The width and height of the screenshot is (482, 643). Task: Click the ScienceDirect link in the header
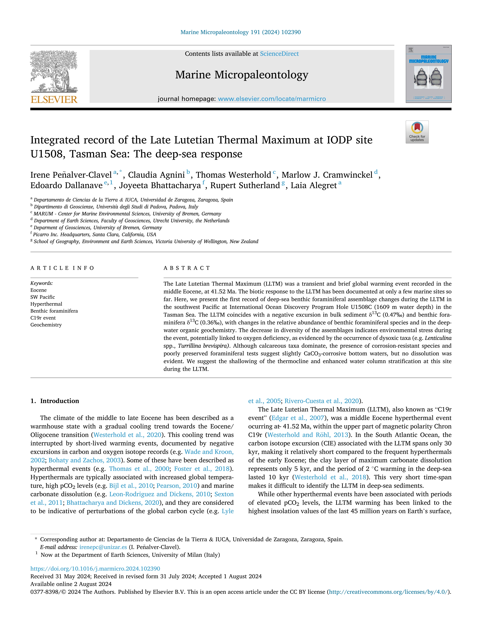(x=279, y=54)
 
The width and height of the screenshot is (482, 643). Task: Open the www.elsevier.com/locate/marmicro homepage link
(x=272, y=99)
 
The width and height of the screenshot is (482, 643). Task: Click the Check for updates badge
(x=417, y=132)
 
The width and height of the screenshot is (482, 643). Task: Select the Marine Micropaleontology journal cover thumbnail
(x=429, y=74)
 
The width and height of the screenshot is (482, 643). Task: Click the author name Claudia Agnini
(x=156, y=175)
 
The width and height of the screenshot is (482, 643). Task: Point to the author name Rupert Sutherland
(x=245, y=185)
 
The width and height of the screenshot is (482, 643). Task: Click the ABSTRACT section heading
(x=187, y=268)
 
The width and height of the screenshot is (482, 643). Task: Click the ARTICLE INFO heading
(x=62, y=268)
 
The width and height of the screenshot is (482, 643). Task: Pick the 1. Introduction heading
(x=55, y=401)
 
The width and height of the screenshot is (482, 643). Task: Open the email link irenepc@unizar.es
(x=103, y=547)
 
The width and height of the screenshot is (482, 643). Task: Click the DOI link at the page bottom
(x=95, y=569)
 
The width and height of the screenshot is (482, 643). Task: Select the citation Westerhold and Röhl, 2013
(x=308, y=435)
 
